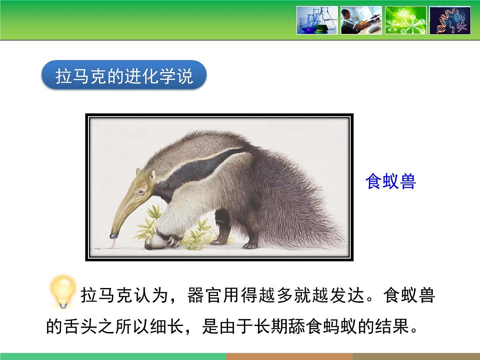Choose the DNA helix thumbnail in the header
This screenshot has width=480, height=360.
click(x=450, y=20)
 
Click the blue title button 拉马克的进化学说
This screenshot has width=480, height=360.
click(x=124, y=75)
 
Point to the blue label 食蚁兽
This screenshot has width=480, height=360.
click(x=390, y=182)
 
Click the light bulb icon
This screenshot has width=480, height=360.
click(x=63, y=291)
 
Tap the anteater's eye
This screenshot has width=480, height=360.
click(x=141, y=192)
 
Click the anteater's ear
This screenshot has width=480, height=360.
click(x=153, y=175)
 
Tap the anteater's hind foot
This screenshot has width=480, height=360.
click(x=250, y=245)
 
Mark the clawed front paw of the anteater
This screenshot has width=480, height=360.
click(x=172, y=241)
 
